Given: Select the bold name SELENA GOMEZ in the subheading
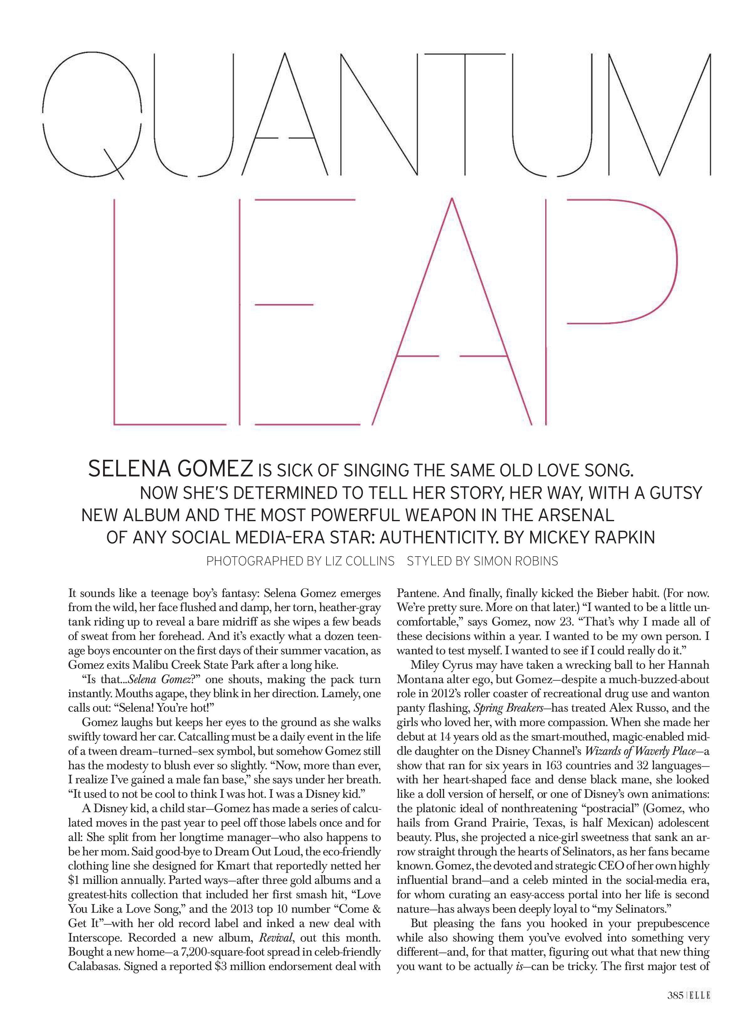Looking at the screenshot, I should [x=171, y=469].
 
